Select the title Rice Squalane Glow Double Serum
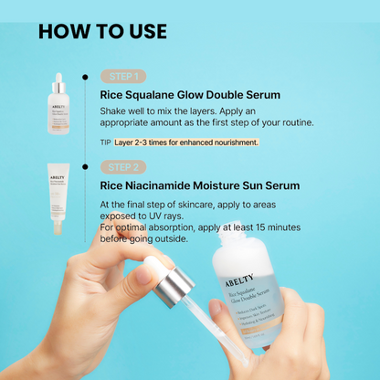coord(189,94)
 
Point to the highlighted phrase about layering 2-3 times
coord(186,142)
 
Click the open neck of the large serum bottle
coord(233,240)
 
